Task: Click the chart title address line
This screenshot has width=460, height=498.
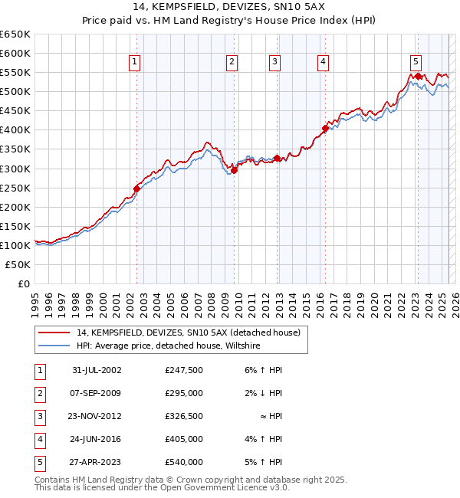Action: (230, 6)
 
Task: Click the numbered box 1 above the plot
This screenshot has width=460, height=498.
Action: (135, 62)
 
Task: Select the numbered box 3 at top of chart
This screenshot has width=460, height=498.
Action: (274, 62)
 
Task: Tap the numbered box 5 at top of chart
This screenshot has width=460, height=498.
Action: (415, 62)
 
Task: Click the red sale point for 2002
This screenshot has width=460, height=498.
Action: (137, 188)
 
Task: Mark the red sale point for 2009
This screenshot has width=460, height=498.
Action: (234, 170)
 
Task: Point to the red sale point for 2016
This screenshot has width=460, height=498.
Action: (325, 129)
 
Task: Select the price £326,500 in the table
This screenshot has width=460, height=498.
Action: (184, 416)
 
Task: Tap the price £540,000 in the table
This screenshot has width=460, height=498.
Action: (184, 462)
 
